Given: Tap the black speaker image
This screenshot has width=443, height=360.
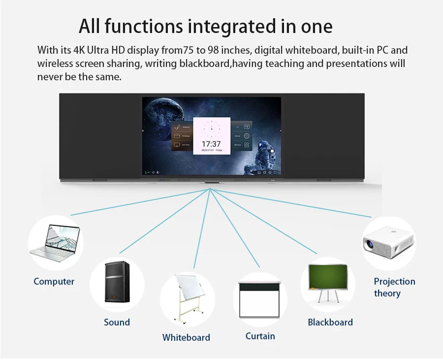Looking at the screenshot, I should click(117, 282).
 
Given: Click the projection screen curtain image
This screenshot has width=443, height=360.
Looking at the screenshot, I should click(259, 299).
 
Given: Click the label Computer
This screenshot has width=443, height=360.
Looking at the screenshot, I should click(54, 282).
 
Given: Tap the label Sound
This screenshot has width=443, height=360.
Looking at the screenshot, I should click(117, 323).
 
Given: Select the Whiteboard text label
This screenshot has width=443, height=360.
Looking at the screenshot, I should click(186, 338).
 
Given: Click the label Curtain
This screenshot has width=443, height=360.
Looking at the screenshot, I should click(260, 336).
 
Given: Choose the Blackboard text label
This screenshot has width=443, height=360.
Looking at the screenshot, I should click(330, 323).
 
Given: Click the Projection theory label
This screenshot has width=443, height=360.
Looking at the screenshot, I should click(394, 288).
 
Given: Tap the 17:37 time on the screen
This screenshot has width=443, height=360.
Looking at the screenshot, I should click(211, 144).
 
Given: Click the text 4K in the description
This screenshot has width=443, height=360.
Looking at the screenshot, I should click(79, 51).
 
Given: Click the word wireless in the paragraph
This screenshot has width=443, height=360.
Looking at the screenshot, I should click(55, 64).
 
